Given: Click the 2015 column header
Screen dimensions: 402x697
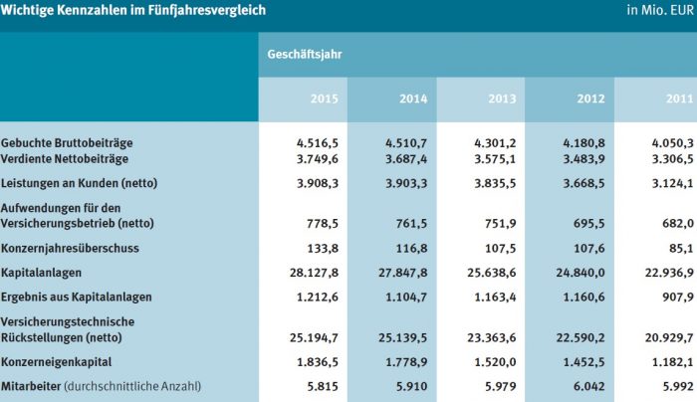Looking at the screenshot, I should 324,99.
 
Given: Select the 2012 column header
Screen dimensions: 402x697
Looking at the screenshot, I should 590,99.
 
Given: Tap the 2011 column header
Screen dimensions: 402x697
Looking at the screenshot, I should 679,99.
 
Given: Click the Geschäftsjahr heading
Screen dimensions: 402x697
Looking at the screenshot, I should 306,54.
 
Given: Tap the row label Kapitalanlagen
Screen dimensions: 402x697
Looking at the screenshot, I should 43,272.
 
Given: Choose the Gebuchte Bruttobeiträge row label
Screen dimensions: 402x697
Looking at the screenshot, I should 67,143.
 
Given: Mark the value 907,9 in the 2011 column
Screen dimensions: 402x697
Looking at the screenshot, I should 678,298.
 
